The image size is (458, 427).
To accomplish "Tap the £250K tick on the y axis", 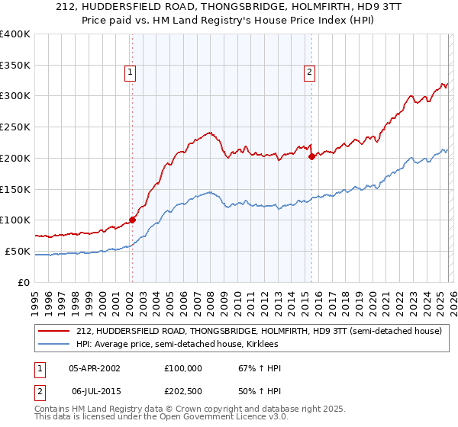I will click(15, 127).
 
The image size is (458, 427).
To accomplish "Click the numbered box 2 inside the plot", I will click(310, 72).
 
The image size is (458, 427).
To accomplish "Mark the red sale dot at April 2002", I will click(132, 220).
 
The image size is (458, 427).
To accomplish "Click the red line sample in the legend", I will click(55, 332).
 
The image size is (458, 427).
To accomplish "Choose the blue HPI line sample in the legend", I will click(55, 345).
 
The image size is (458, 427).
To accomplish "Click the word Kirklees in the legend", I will click(261, 345).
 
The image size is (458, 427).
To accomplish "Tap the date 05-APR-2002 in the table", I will click(95, 368).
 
